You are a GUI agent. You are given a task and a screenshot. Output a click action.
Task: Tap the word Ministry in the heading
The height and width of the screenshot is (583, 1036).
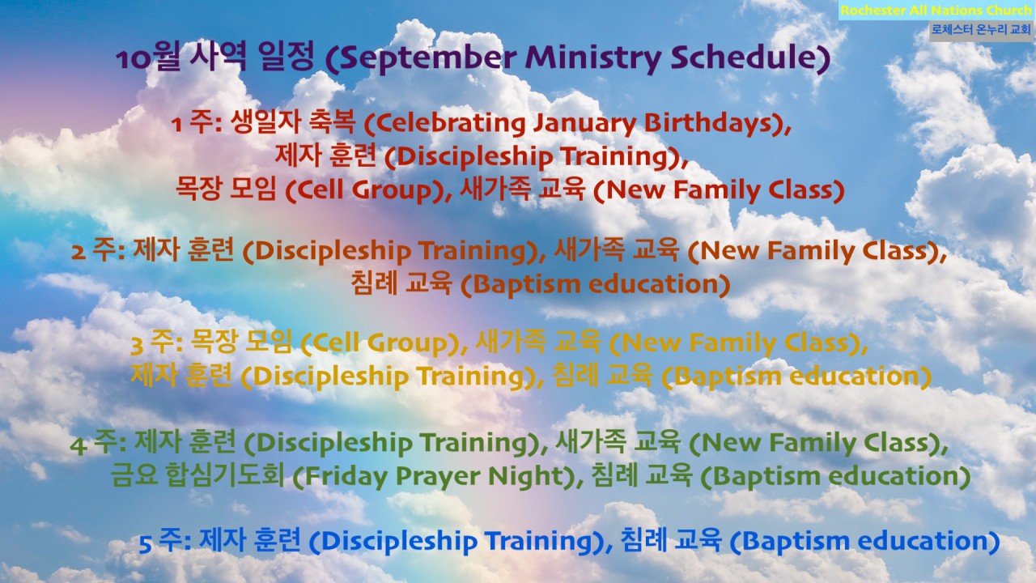594,57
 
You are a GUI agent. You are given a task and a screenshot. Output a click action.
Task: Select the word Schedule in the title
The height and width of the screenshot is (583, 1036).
745,57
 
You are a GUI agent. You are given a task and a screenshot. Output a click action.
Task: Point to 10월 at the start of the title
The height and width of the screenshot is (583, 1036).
147,57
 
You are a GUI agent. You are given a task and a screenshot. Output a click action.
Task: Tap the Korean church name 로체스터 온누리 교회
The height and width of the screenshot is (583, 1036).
981,30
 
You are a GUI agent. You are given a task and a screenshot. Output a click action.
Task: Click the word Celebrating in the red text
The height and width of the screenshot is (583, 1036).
446,123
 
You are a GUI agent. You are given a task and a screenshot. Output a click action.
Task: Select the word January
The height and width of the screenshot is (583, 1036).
584,124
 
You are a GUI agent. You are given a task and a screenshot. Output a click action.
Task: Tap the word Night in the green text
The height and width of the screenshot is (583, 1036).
529,477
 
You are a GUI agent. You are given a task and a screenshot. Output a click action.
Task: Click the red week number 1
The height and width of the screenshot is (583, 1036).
176,125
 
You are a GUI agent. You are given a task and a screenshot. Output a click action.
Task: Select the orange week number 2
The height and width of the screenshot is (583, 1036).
79,252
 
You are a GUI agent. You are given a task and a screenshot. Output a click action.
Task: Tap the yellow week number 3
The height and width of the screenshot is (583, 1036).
137,345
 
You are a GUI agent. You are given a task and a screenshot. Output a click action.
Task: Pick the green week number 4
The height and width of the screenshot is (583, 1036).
78,445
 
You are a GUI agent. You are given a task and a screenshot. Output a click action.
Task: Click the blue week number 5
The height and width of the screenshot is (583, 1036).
146,544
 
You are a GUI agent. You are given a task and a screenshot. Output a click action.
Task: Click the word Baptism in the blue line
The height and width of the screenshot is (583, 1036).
792,542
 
